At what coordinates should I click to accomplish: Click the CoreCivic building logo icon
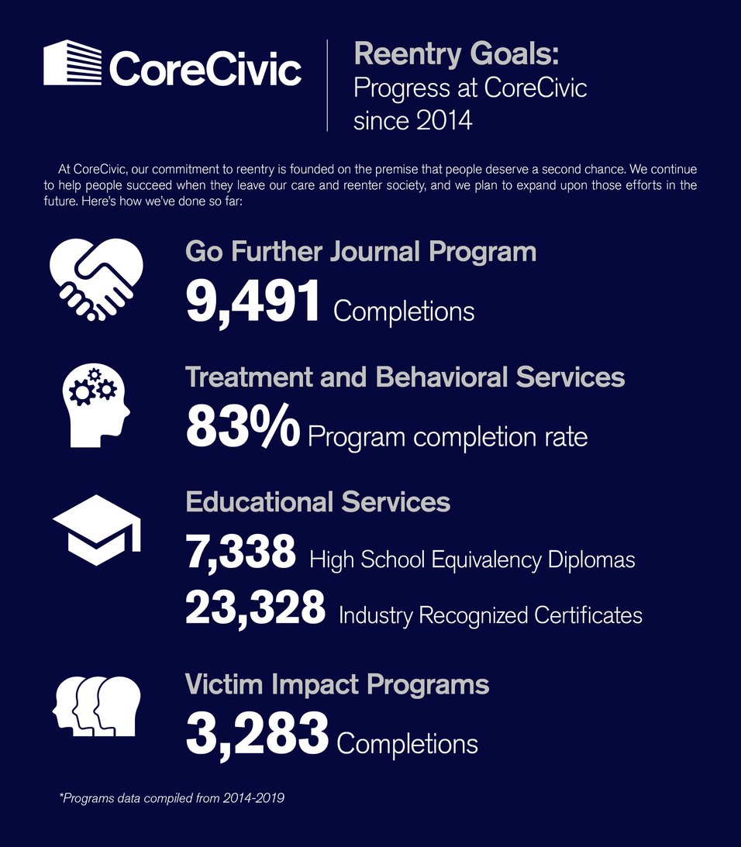tap(72, 63)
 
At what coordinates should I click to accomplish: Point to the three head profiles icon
tap(97, 705)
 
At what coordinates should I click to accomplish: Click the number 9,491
tap(253, 302)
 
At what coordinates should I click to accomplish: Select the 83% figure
tap(242, 429)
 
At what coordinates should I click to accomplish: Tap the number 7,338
tap(240, 553)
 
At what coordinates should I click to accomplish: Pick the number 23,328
tap(255, 609)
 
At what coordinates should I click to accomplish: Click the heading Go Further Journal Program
tap(360, 252)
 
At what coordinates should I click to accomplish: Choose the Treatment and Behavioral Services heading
tap(405, 377)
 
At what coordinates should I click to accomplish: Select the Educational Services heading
tap(318, 501)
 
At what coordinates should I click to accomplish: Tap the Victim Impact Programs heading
tap(337, 684)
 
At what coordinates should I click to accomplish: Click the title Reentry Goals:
tap(456, 56)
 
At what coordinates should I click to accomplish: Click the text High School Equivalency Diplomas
tap(472, 560)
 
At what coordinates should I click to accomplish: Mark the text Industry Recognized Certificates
tap(490, 615)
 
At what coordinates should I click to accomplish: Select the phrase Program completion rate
tap(447, 437)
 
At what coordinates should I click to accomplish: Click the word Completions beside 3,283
tap(407, 744)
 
